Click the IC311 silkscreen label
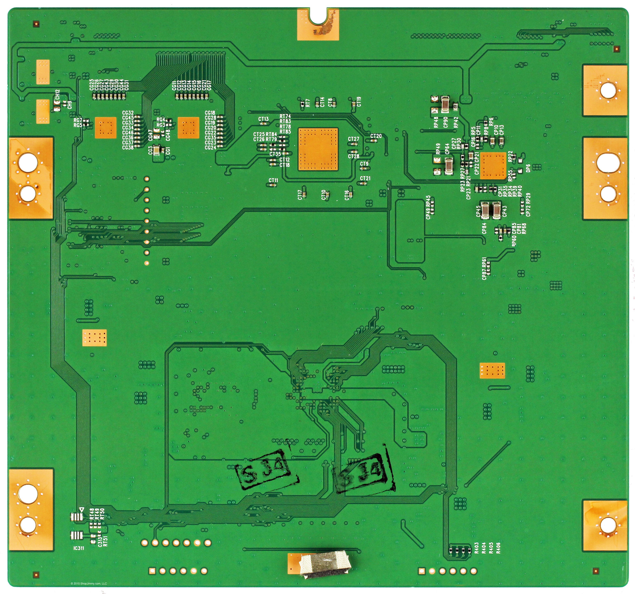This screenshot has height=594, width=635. [x=78, y=548]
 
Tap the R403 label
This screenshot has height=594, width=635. [x=477, y=547]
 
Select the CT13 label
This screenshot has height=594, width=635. [x=264, y=119]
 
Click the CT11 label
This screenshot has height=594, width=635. [x=273, y=180]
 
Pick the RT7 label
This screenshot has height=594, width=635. [x=308, y=102]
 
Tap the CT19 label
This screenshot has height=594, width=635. [x=359, y=102]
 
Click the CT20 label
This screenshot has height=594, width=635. [x=376, y=136]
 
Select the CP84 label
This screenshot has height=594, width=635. [x=484, y=228]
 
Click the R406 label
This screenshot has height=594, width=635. [x=498, y=547]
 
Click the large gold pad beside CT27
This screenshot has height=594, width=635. [x=318, y=149]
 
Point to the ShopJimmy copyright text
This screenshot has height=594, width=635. [x=89, y=584]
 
